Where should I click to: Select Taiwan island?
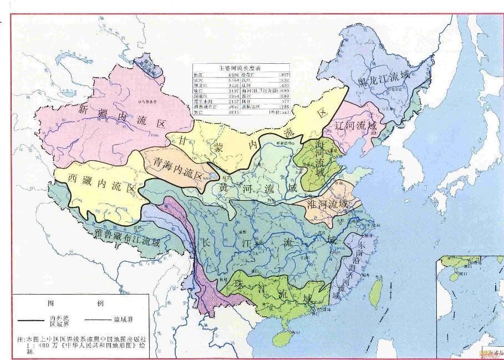376,289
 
